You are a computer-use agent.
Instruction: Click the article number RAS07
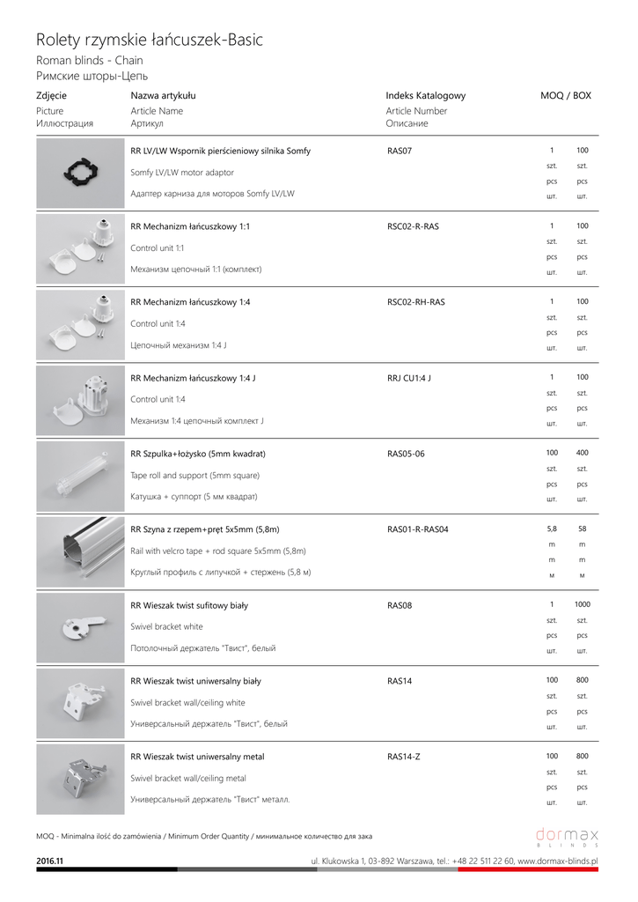click(400, 151)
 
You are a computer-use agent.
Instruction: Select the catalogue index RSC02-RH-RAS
click(415, 302)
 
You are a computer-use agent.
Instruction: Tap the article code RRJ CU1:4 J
click(408, 378)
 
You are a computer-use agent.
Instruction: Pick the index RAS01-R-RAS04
click(417, 529)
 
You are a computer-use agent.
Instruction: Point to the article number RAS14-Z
click(404, 757)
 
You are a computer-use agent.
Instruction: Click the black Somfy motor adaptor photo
click(80, 174)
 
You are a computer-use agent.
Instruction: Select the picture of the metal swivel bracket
click(80, 779)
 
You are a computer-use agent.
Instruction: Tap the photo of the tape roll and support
click(80, 476)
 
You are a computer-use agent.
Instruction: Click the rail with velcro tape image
click(80, 551)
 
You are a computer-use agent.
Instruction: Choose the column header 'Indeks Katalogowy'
click(425, 95)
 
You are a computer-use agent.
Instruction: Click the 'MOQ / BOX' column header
click(565, 95)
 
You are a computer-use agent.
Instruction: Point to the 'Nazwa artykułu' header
click(163, 95)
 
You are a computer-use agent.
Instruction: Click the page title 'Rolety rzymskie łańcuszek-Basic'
click(149, 40)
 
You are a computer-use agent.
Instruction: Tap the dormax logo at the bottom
click(567, 836)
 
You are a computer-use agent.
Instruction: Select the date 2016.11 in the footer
click(49, 860)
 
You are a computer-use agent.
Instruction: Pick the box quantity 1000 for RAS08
click(583, 605)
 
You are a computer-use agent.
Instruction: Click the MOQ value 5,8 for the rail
click(552, 529)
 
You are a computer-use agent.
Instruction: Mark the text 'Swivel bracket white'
click(166, 626)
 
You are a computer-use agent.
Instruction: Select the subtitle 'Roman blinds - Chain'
click(89, 61)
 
